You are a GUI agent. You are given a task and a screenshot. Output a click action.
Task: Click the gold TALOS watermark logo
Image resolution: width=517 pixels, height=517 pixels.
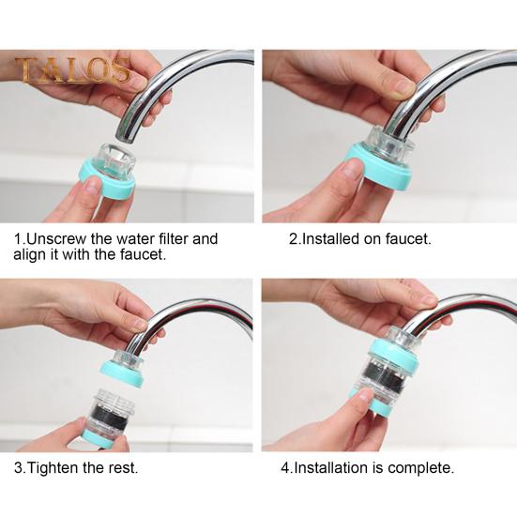72,69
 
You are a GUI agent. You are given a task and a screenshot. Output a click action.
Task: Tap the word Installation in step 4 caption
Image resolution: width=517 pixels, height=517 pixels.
332,467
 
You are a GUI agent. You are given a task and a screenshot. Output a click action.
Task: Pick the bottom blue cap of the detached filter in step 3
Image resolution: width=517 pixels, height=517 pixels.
99,438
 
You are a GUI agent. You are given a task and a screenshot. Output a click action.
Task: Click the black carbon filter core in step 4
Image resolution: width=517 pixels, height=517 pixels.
386,373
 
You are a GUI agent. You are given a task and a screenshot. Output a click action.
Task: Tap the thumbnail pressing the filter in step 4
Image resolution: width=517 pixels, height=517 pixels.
364,393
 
